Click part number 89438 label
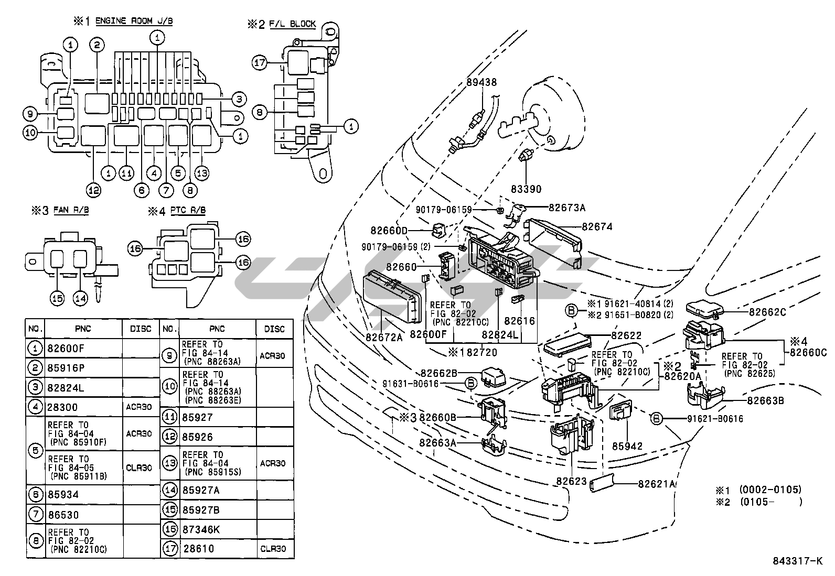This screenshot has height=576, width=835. [x=481, y=82]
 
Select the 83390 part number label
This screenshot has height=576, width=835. [x=526, y=189]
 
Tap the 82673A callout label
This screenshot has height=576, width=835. [x=566, y=208]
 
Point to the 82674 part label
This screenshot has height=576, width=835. [x=596, y=227]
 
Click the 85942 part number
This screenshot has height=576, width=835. [x=627, y=446]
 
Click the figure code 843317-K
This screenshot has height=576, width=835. [x=797, y=561]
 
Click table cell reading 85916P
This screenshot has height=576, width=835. [x=66, y=368]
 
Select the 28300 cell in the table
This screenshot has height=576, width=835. [x=63, y=407]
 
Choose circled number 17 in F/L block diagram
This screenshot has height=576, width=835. [x=259, y=62]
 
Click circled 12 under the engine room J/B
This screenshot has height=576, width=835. [x=93, y=191]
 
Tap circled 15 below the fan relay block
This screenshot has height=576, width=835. [x=57, y=298]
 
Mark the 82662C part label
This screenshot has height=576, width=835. [x=767, y=312]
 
